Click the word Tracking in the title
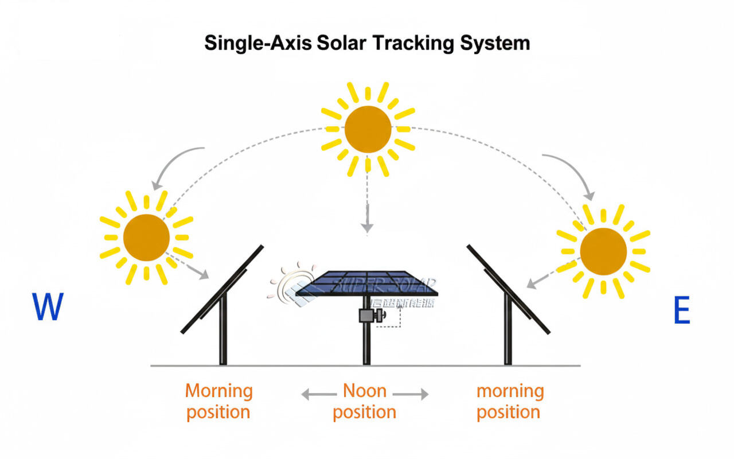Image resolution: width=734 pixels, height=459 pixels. [419, 44]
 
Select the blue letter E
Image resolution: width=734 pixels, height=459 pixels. [681, 312]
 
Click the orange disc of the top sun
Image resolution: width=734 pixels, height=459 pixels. [368, 130]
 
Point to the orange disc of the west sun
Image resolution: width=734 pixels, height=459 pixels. [146, 237]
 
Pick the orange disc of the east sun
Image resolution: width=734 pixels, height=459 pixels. [603, 251]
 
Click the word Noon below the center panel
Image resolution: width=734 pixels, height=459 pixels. [365, 391]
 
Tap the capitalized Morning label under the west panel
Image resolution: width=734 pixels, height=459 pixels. [218, 391]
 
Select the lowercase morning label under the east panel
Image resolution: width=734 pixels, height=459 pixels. [510, 391]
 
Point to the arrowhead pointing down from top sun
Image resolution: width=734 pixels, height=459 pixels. [367, 228]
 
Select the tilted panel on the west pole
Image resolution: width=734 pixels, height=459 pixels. [222, 289]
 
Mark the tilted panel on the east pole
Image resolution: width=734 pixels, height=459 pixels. [508, 289]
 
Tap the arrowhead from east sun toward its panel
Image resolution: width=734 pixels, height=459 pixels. [530, 285]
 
